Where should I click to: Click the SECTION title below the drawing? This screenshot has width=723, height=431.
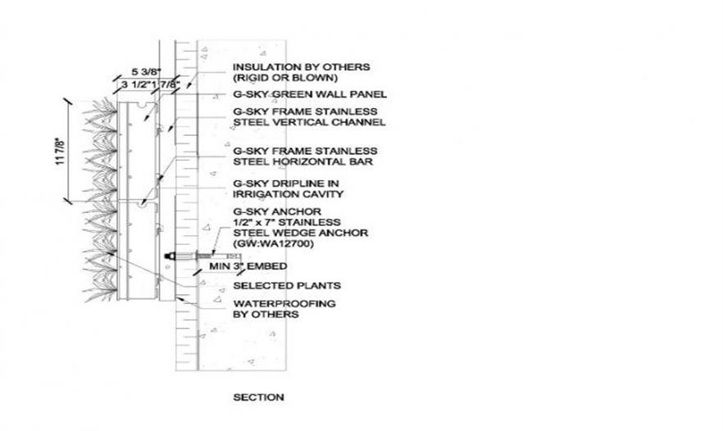[x=258, y=397]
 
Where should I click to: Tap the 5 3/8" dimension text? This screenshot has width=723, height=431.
[x=147, y=72]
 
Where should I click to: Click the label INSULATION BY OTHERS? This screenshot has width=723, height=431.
[x=301, y=67]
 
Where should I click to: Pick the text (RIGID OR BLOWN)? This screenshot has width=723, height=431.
[x=285, y=78]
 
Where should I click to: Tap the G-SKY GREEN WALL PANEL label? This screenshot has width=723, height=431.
[x=310, y=94]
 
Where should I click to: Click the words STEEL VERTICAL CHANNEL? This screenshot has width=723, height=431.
[x=309, y=123]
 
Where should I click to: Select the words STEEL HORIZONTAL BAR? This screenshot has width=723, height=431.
[x=302, y=161]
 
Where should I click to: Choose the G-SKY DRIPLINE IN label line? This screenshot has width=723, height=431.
[x=285, y=184]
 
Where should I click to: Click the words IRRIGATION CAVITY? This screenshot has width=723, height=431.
[x=289, y=194]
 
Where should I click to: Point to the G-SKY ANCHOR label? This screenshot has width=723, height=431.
[x=277, y=211]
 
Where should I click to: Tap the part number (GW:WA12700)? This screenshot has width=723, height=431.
[x=274, y=244]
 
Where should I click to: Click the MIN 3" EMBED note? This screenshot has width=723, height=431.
[x=248, y=266]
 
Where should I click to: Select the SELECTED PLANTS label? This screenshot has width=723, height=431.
[x=287, y=286]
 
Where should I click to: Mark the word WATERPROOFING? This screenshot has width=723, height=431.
[x=284, y=304]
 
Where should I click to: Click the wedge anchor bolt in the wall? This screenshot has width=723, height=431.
[x=203, y=256]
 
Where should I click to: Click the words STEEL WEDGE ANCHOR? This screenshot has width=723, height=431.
[x=300, y=234]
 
